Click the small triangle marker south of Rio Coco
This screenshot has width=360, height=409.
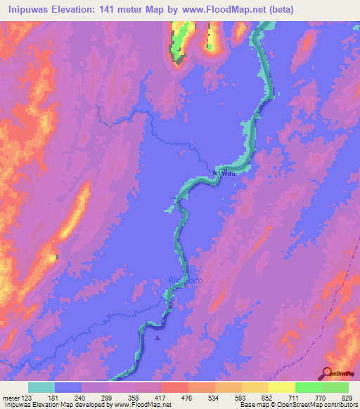point(157,337)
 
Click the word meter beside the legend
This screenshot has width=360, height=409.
point(11,397)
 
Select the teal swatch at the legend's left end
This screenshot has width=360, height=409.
point(41,387)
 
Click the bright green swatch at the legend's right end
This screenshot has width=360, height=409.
point(335,387)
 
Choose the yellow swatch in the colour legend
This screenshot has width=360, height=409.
point(282,387)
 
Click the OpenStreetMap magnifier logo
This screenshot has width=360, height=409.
point(328,372)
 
